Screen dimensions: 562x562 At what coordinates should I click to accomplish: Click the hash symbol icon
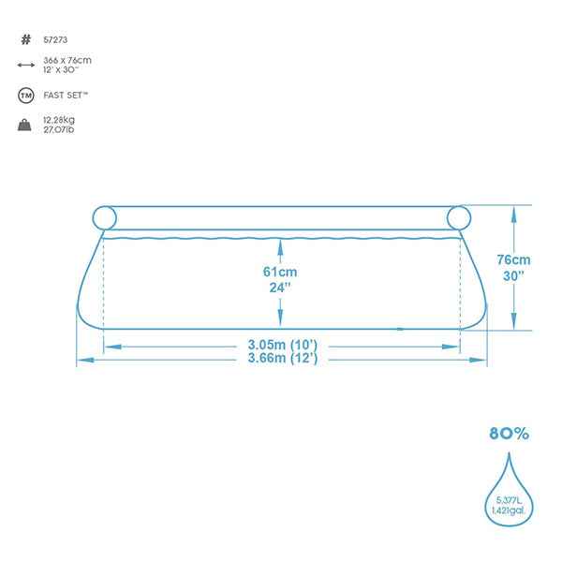point(26,39)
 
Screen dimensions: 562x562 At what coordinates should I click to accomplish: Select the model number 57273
point(55,39)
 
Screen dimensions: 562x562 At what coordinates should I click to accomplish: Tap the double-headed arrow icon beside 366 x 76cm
point(26,65)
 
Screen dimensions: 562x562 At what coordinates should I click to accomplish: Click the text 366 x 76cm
point(67,60)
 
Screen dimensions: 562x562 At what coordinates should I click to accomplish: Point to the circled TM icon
point(26,96)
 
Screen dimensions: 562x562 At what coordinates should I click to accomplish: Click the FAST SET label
point(66,96)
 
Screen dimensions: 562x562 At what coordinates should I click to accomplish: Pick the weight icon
point(24,125)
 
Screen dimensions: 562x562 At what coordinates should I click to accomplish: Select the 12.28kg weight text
point(59,120)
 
